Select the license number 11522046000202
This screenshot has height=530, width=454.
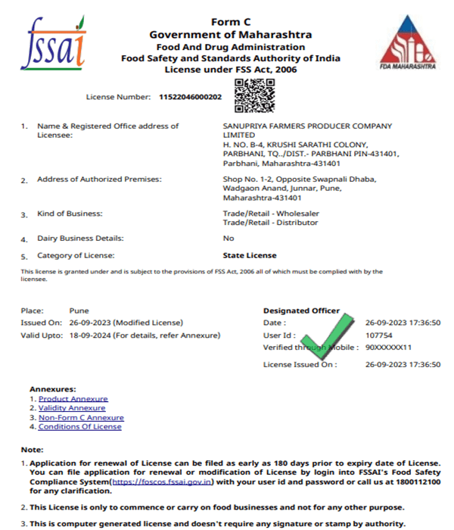(190, 98)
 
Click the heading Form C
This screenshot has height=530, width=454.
(230, 22)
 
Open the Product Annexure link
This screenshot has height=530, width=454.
(73, 398)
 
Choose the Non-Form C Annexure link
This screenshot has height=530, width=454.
(81, 417)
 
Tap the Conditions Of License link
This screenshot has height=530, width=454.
(79, 427)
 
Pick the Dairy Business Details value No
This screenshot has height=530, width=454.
(228, 238)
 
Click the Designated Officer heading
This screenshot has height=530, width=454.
(301, 310)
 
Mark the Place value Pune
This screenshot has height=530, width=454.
(79, 310)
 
